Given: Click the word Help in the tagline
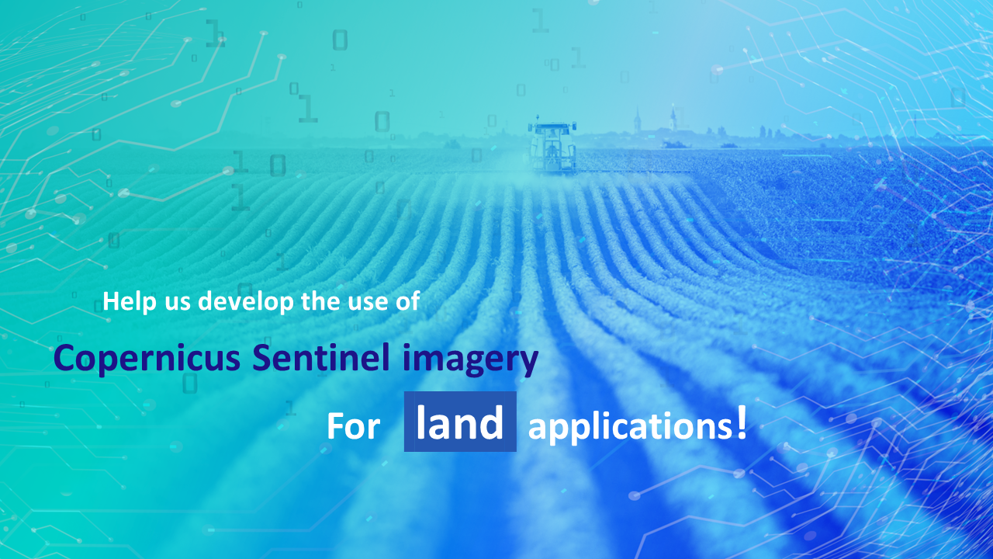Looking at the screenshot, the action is point(130,302).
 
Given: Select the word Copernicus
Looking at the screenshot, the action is point(147,359).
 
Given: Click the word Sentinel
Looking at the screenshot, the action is point(321,357).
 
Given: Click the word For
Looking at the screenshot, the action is point(353,426).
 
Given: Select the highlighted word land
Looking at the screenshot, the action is point(460,422).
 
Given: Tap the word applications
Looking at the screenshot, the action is point(630,428).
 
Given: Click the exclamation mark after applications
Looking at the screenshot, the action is point(741,424).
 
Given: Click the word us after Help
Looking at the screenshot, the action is point(178,303).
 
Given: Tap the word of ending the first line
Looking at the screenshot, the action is point(407,301).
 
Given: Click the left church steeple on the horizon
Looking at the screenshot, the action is point(637,119).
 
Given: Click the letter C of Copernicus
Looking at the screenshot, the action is point(64,358).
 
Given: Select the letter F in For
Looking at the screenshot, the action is point(336,426).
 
